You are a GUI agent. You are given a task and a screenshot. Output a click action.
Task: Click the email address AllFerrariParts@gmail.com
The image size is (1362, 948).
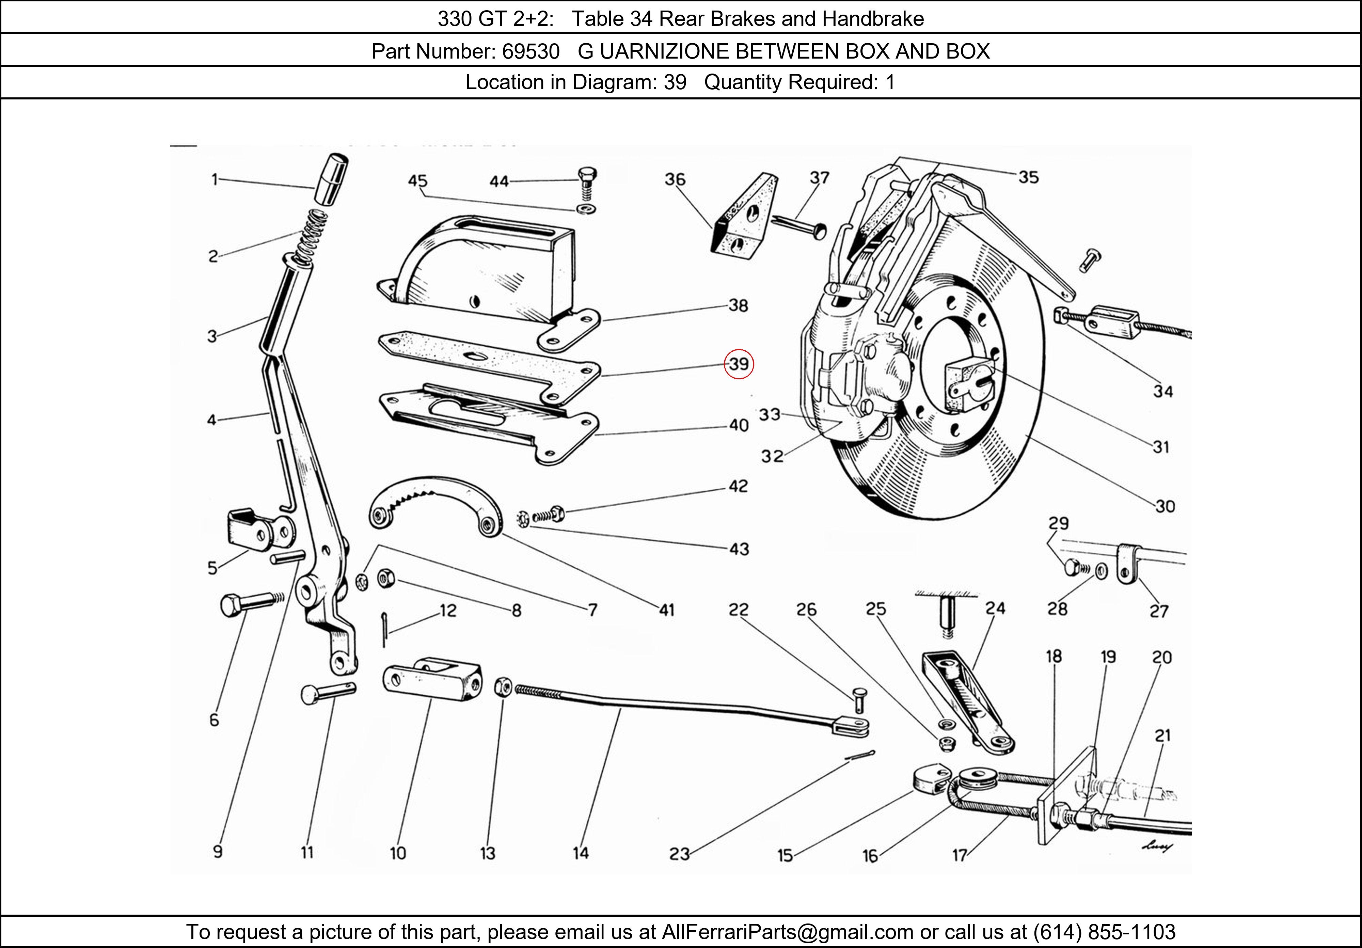pos(787,932)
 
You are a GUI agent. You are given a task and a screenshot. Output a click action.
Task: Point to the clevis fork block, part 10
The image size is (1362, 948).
pos(432,679)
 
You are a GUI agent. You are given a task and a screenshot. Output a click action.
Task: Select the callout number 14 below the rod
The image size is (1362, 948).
pos(580,853)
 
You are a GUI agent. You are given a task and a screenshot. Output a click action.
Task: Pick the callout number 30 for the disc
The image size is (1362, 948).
pos(1165,506)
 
